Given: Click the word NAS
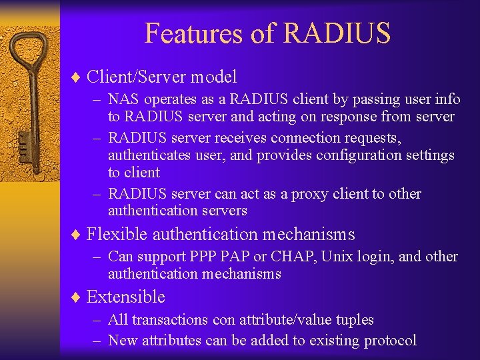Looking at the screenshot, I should coord(123,99).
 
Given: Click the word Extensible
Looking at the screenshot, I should coord(126,297).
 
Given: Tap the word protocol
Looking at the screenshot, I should coord(390,341).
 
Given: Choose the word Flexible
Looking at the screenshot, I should coord(117,235).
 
